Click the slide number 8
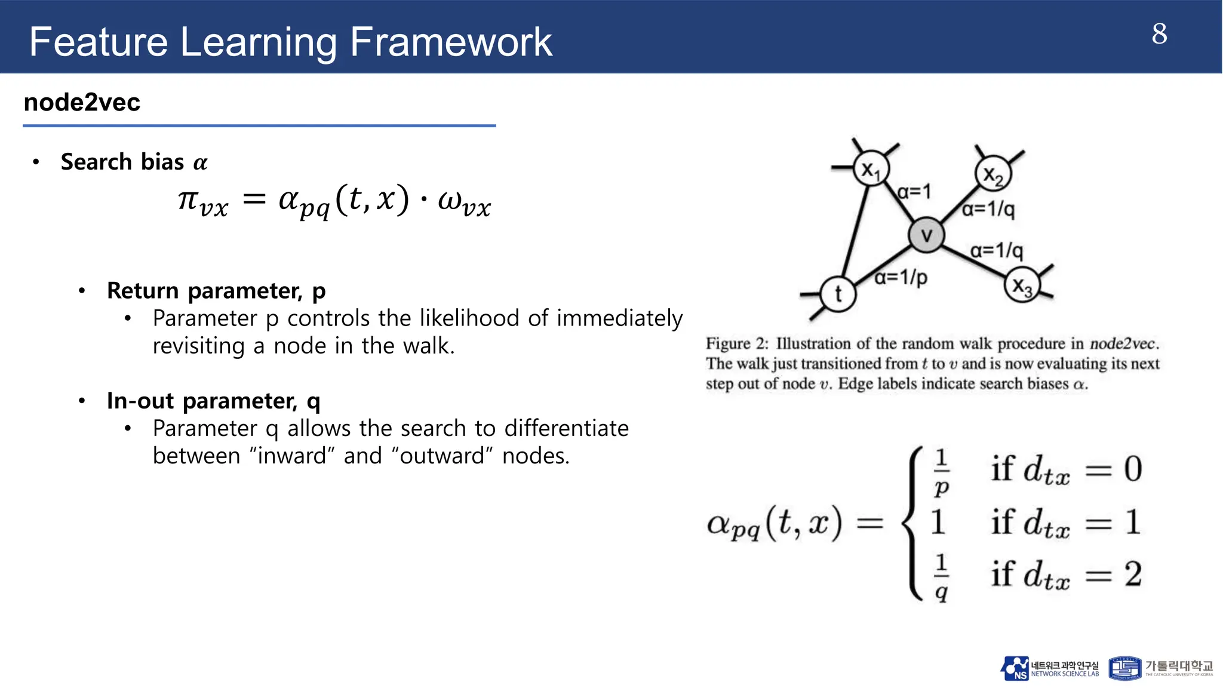click(x=1159, y=34)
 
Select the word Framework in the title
click(x=451, y=42)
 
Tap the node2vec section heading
click(x=82, y=103)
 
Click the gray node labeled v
click(x=926, y=235)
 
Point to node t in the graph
click(x=838, y=294)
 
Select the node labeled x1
click(x=871, y=170)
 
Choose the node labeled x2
click(x=993, y=174)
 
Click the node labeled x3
click(x=1022, y=285)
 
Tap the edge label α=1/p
click(x=901, y=278)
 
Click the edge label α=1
click(x=914, y=192)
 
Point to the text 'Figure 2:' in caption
click(x=737, y=344)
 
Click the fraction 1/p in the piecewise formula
click(x=941, y=472)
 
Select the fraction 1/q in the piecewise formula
click(x=941, y=577)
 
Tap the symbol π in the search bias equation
click(x=188, y=199)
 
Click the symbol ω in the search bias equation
click(x=449, y=199)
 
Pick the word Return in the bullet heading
click(x=143, y=291)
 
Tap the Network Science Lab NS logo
click(x=1015, y=668)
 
